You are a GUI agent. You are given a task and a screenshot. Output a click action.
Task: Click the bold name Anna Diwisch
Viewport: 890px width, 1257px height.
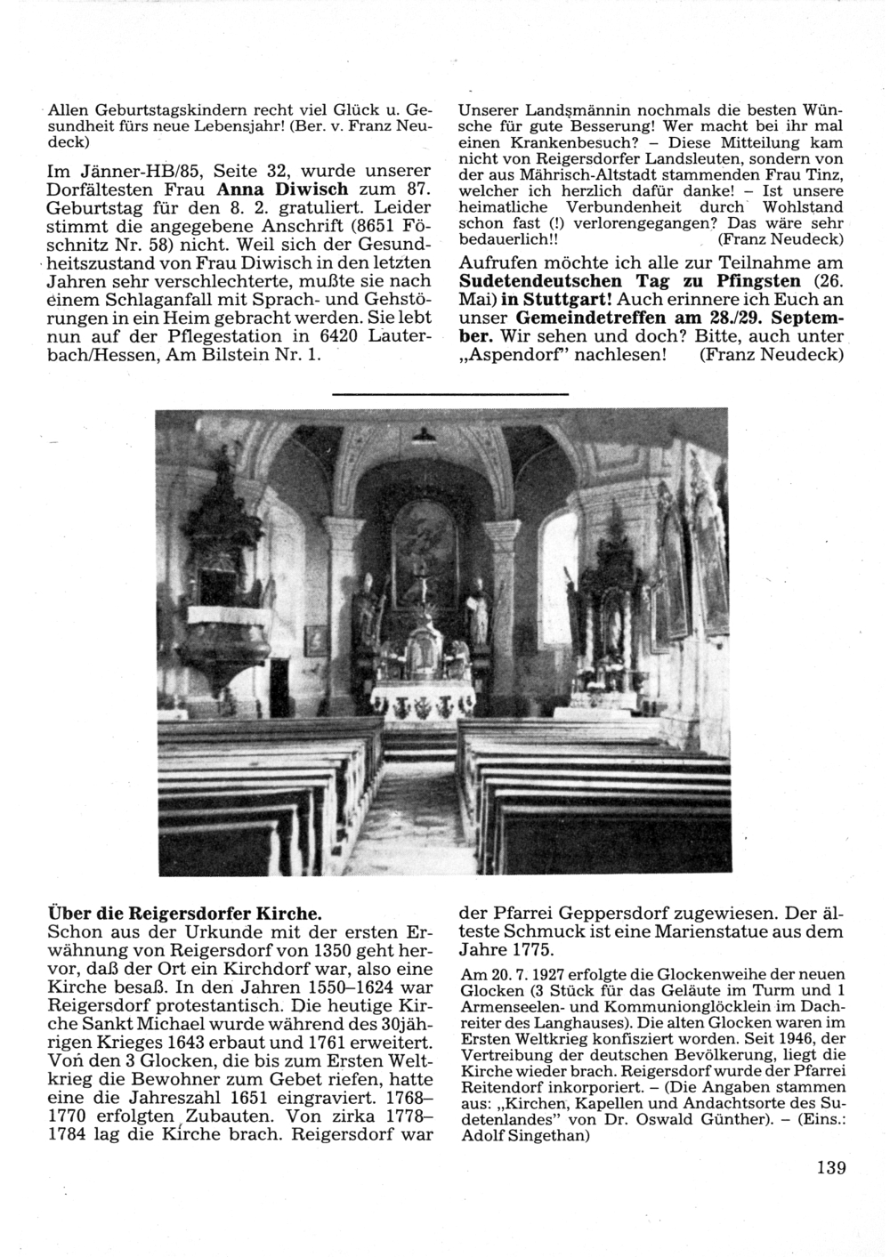[273, 189]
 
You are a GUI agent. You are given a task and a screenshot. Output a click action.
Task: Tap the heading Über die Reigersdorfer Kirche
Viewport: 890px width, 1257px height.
[182, 913]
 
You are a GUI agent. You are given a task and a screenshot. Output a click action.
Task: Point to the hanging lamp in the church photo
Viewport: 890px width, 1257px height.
[425, 434]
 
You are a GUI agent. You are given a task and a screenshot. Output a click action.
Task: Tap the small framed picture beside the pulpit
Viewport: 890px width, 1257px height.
[314, 640]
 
